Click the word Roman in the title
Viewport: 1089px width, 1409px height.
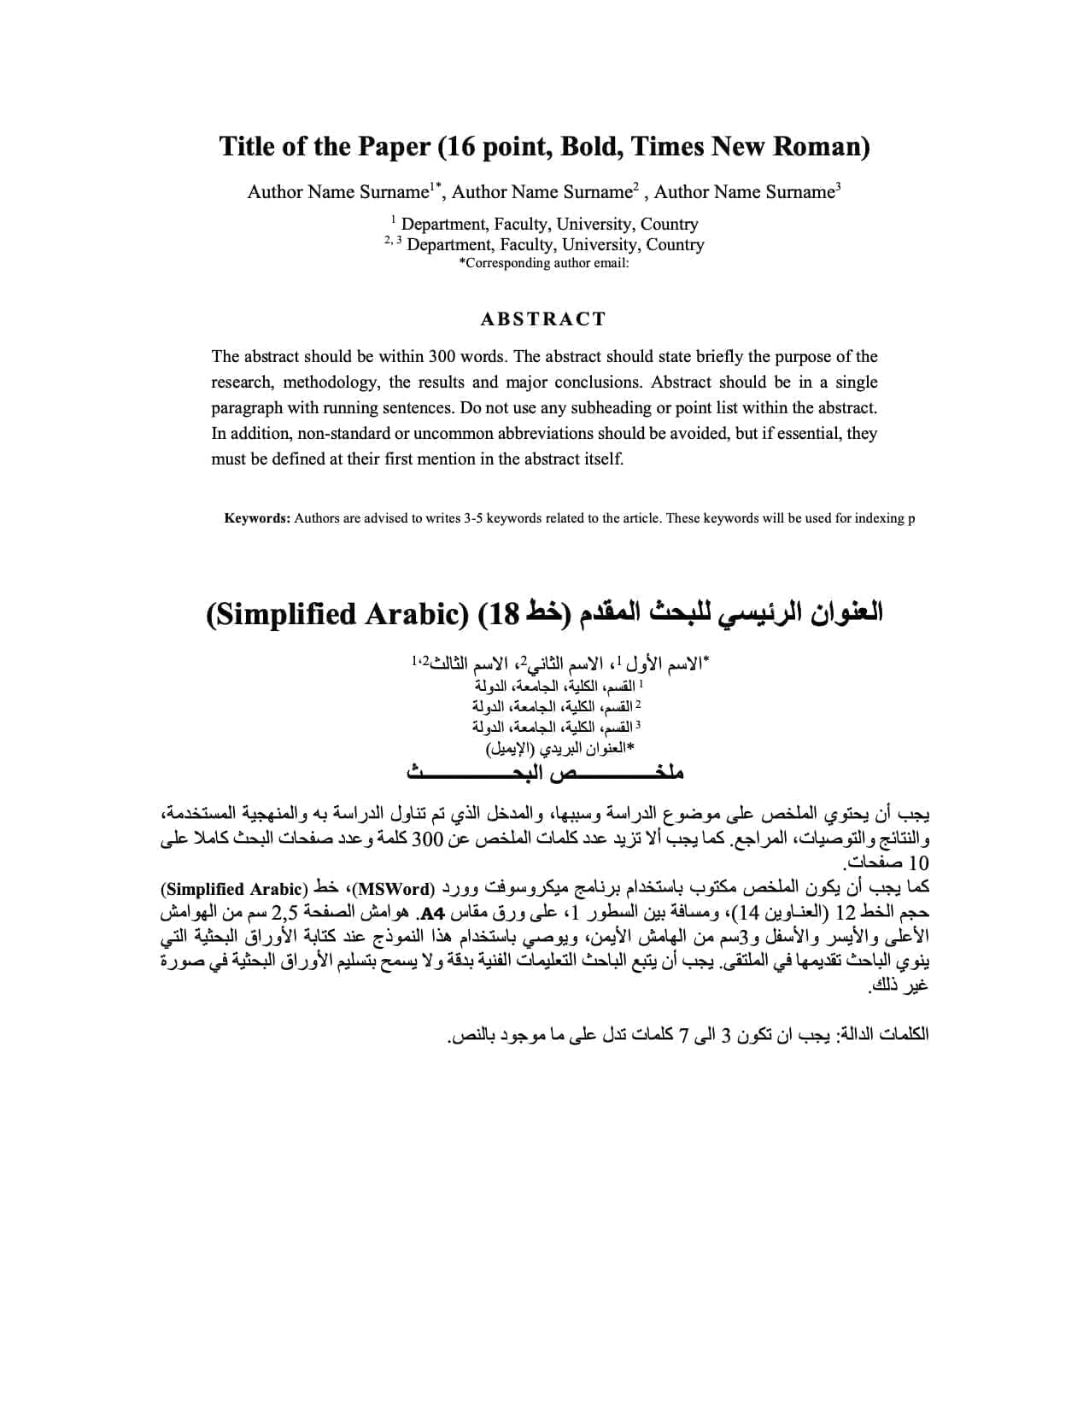point(821,147)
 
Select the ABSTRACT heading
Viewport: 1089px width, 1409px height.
point(543,319)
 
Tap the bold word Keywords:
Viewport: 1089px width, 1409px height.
point(257,518)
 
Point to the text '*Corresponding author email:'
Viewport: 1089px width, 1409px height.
point(544,263)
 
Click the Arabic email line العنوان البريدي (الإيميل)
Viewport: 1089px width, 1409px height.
point(560,749)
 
